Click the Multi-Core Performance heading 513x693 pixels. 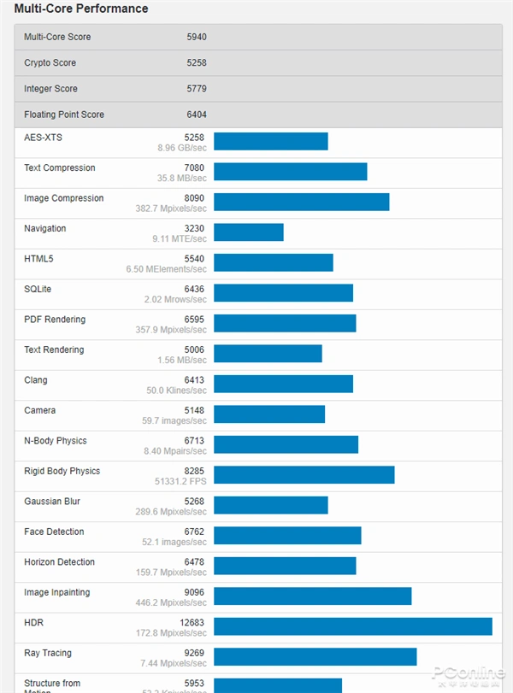[x=81, y=9]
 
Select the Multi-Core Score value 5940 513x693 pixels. [x=197, y=37]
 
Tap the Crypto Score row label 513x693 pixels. [x=50, y=63]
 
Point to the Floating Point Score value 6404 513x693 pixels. [x=197, y=115]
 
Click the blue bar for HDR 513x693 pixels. [x=352, y=626]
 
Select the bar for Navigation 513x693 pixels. [x=248, y=232]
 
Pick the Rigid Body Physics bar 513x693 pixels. [x=304, y=475]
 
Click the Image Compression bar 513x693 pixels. [x=301, y=202]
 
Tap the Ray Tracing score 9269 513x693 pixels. [x=194, y=654]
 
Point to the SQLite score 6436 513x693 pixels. [x=195, y=290]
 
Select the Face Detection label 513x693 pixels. [x=54, y=532]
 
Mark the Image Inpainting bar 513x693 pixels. [x=312, y=596]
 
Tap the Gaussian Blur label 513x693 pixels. [x=53, y=502]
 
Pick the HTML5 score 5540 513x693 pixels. [x=195, y=259]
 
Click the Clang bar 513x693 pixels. [x=283, y=384]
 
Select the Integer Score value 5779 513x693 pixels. [x=197, y=89]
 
